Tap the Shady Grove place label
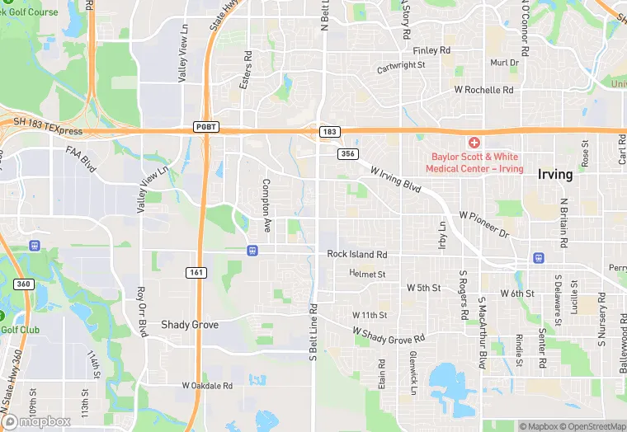[190, 325]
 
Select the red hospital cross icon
[474, 143]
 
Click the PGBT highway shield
[206, 127]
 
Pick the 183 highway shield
[329, 132]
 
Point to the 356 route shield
[346, 153]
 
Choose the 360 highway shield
[22, 284]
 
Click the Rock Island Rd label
[356, 255]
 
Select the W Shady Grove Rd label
[388, 334]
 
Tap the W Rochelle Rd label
[483, 89]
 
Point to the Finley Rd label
[432, 50]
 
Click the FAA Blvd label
[81, 158]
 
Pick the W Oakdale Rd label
[207, 385]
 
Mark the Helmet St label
[367, 273]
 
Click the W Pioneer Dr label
[484, 223]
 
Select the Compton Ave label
[266, 204]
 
